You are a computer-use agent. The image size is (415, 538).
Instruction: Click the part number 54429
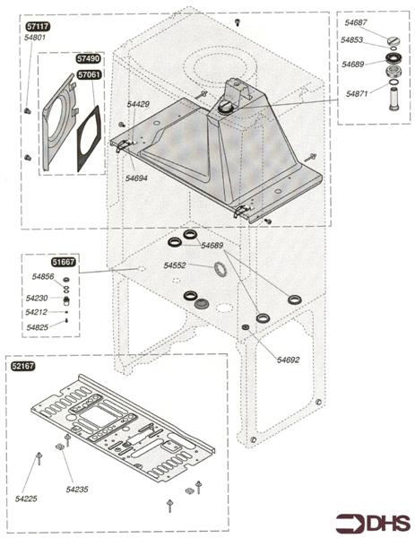pyautogui.click(x=138, y=105)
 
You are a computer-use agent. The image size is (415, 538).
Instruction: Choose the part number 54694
pyautogui.click(x=136, y=178)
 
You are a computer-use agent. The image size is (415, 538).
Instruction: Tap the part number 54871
pyautogui.click(x=359, y=93)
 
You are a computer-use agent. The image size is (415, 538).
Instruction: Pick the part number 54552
pyautogui.click(x=175, y=266)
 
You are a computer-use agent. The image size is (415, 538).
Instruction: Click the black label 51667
pyautogui.click(x=64, y=262)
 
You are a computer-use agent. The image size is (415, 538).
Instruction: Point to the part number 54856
pyautogui.click(x=43, y=277)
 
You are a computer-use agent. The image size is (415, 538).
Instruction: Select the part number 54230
pyautogui.click(x=37, y=298)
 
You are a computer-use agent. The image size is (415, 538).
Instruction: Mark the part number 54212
pyautogui.click(x=37, y=313)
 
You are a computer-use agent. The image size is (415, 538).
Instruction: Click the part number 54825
pyautogui.click(x=37, y=327)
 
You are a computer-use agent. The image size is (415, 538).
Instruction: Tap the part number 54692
pyautogui.click(x=288, y=360)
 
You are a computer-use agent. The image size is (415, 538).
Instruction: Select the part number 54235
pyautogui.click(x=77, y=490)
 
